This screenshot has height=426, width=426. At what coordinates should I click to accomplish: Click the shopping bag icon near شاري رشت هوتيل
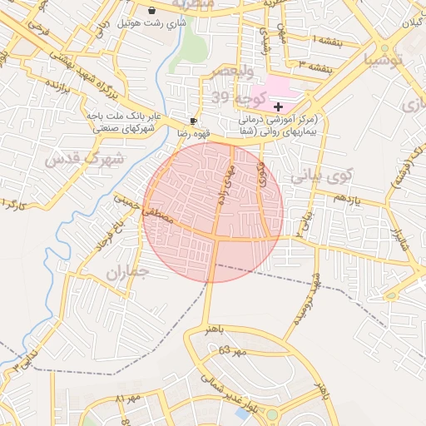[151, 10]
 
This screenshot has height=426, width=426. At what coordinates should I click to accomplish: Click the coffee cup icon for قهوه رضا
[194, 121]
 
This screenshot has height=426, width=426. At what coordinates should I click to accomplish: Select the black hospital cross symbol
[277, 106]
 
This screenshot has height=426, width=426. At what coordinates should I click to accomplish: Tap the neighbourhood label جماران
[126, 272]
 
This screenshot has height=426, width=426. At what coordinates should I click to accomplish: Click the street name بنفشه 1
[324, 39]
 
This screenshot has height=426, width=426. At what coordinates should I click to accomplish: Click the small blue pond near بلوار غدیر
[243, 413]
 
